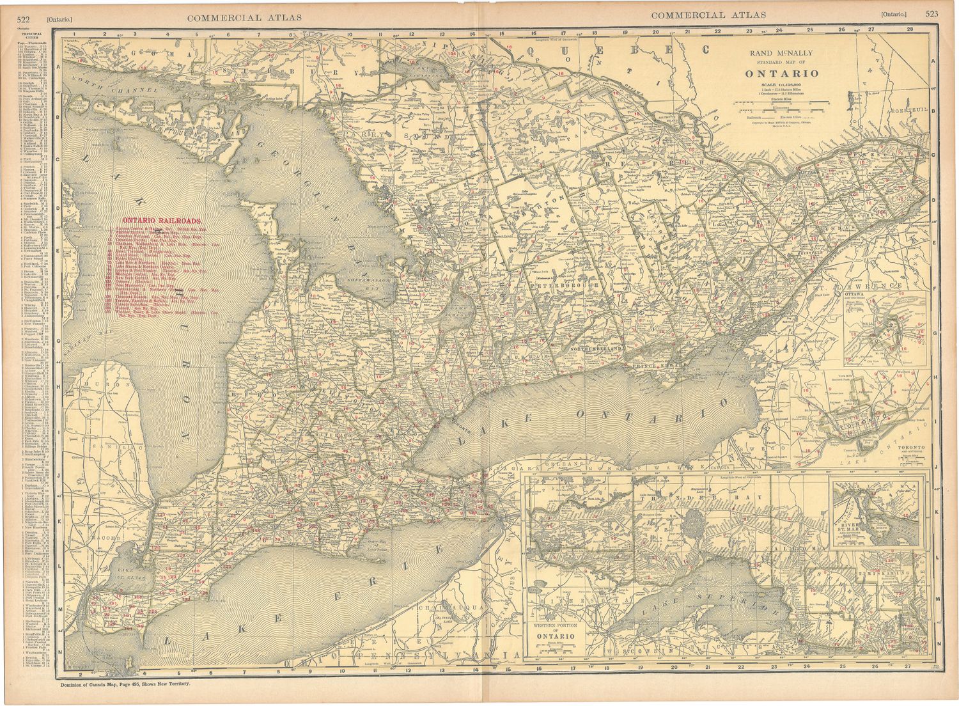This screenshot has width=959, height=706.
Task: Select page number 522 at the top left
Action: pos(26,18)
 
